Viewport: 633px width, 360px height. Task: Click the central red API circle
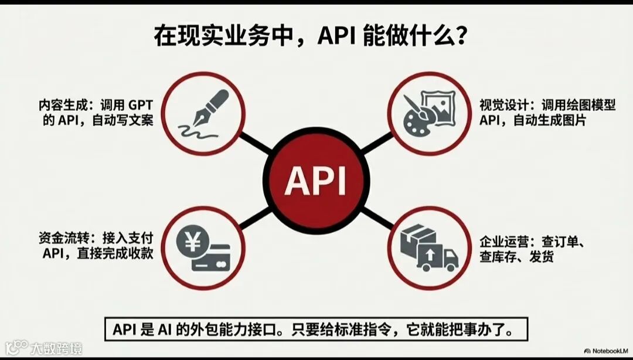[316, 180]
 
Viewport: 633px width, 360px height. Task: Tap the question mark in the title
[462, 38]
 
